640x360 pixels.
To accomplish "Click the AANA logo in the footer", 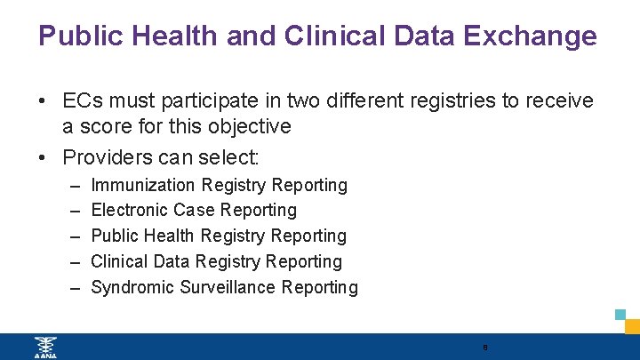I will coord(44,347).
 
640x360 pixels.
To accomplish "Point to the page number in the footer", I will coord(485,347).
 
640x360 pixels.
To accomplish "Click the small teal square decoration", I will coord(620,315).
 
